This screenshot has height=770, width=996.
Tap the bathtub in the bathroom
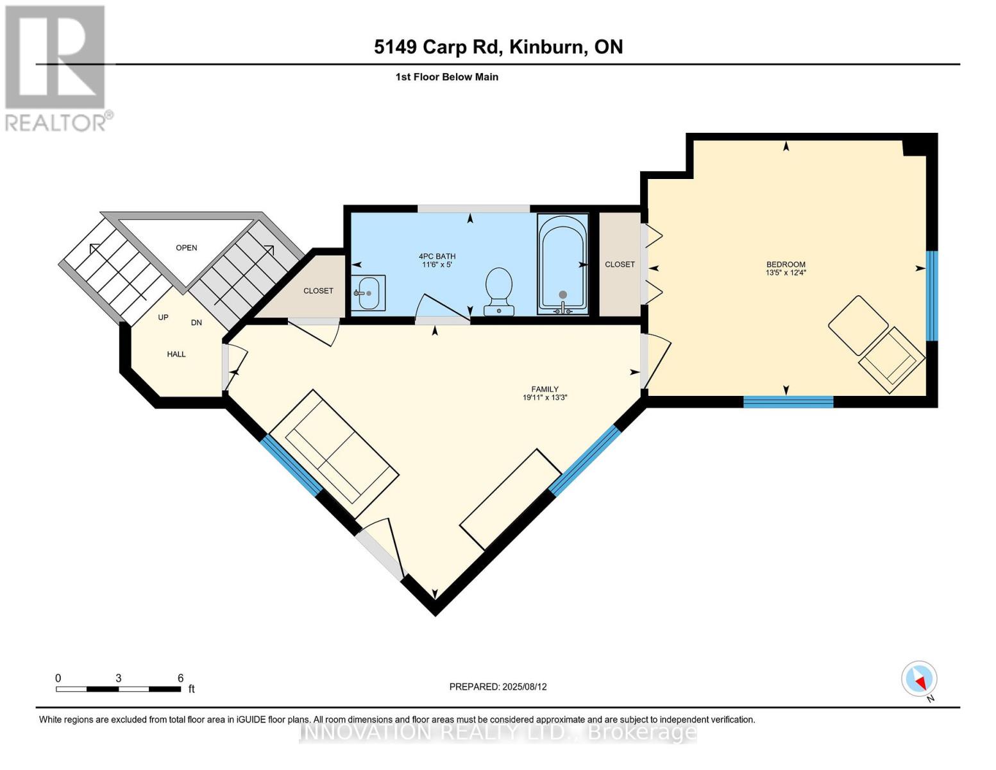click(562, 263)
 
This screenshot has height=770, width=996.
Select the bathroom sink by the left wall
click(368, 293)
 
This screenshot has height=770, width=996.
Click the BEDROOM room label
click(786, 264)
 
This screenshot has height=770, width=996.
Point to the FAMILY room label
click(544, 389)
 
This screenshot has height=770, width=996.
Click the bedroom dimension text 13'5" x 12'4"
click(786, 273)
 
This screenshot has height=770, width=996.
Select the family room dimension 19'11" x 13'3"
click(544, 398)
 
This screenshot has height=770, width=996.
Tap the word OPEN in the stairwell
click(187, 248)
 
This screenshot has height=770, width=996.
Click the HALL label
click(176, 354)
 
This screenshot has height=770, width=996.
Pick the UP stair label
click(163, 318)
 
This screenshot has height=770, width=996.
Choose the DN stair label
click(196, 323)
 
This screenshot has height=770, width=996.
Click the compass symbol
click(919, 679)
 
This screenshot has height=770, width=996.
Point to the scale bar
click(118, 689)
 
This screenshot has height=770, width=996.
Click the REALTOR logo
click(56, 67)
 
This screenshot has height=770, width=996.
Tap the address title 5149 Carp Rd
click(498, 47)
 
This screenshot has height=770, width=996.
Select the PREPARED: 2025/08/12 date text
click(498, 687)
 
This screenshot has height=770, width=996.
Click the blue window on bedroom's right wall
click(932, 295)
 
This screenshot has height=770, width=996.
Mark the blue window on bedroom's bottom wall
click(788, 402)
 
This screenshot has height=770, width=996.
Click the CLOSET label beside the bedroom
click(620, 264)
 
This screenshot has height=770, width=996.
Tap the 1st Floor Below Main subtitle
click(446, 77)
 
